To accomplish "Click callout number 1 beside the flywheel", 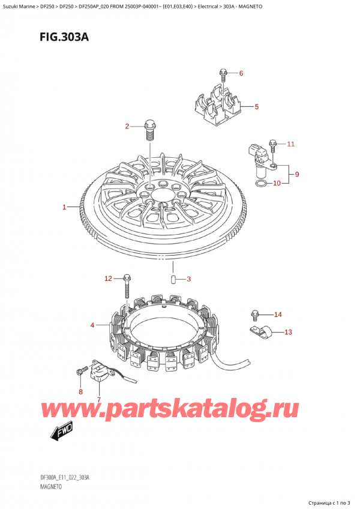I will point(64,208).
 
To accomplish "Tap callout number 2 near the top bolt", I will point(127,126).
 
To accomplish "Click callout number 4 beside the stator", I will point(92,325).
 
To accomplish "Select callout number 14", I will point(277,315).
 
